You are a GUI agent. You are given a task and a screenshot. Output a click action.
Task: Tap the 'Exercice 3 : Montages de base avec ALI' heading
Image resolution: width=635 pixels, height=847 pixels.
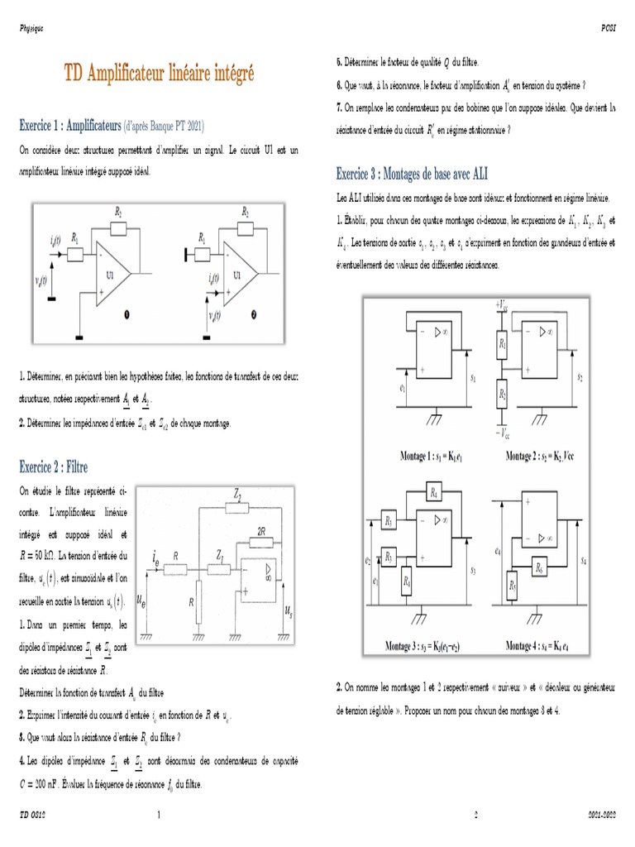coord(411,173)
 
